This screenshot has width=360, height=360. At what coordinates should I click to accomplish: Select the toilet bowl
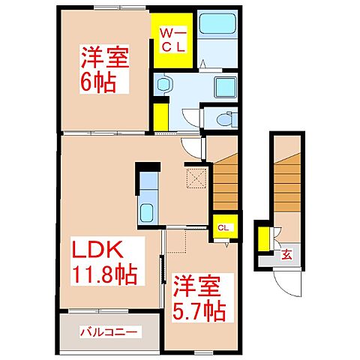coord(222,118)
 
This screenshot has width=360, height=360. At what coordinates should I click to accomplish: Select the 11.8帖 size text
coord(105,276)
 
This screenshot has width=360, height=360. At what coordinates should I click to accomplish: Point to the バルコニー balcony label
coord(109,330)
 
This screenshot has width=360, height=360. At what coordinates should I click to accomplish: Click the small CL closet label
coord(223,228)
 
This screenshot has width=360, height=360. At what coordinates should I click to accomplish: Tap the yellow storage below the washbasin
coord(160,116)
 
